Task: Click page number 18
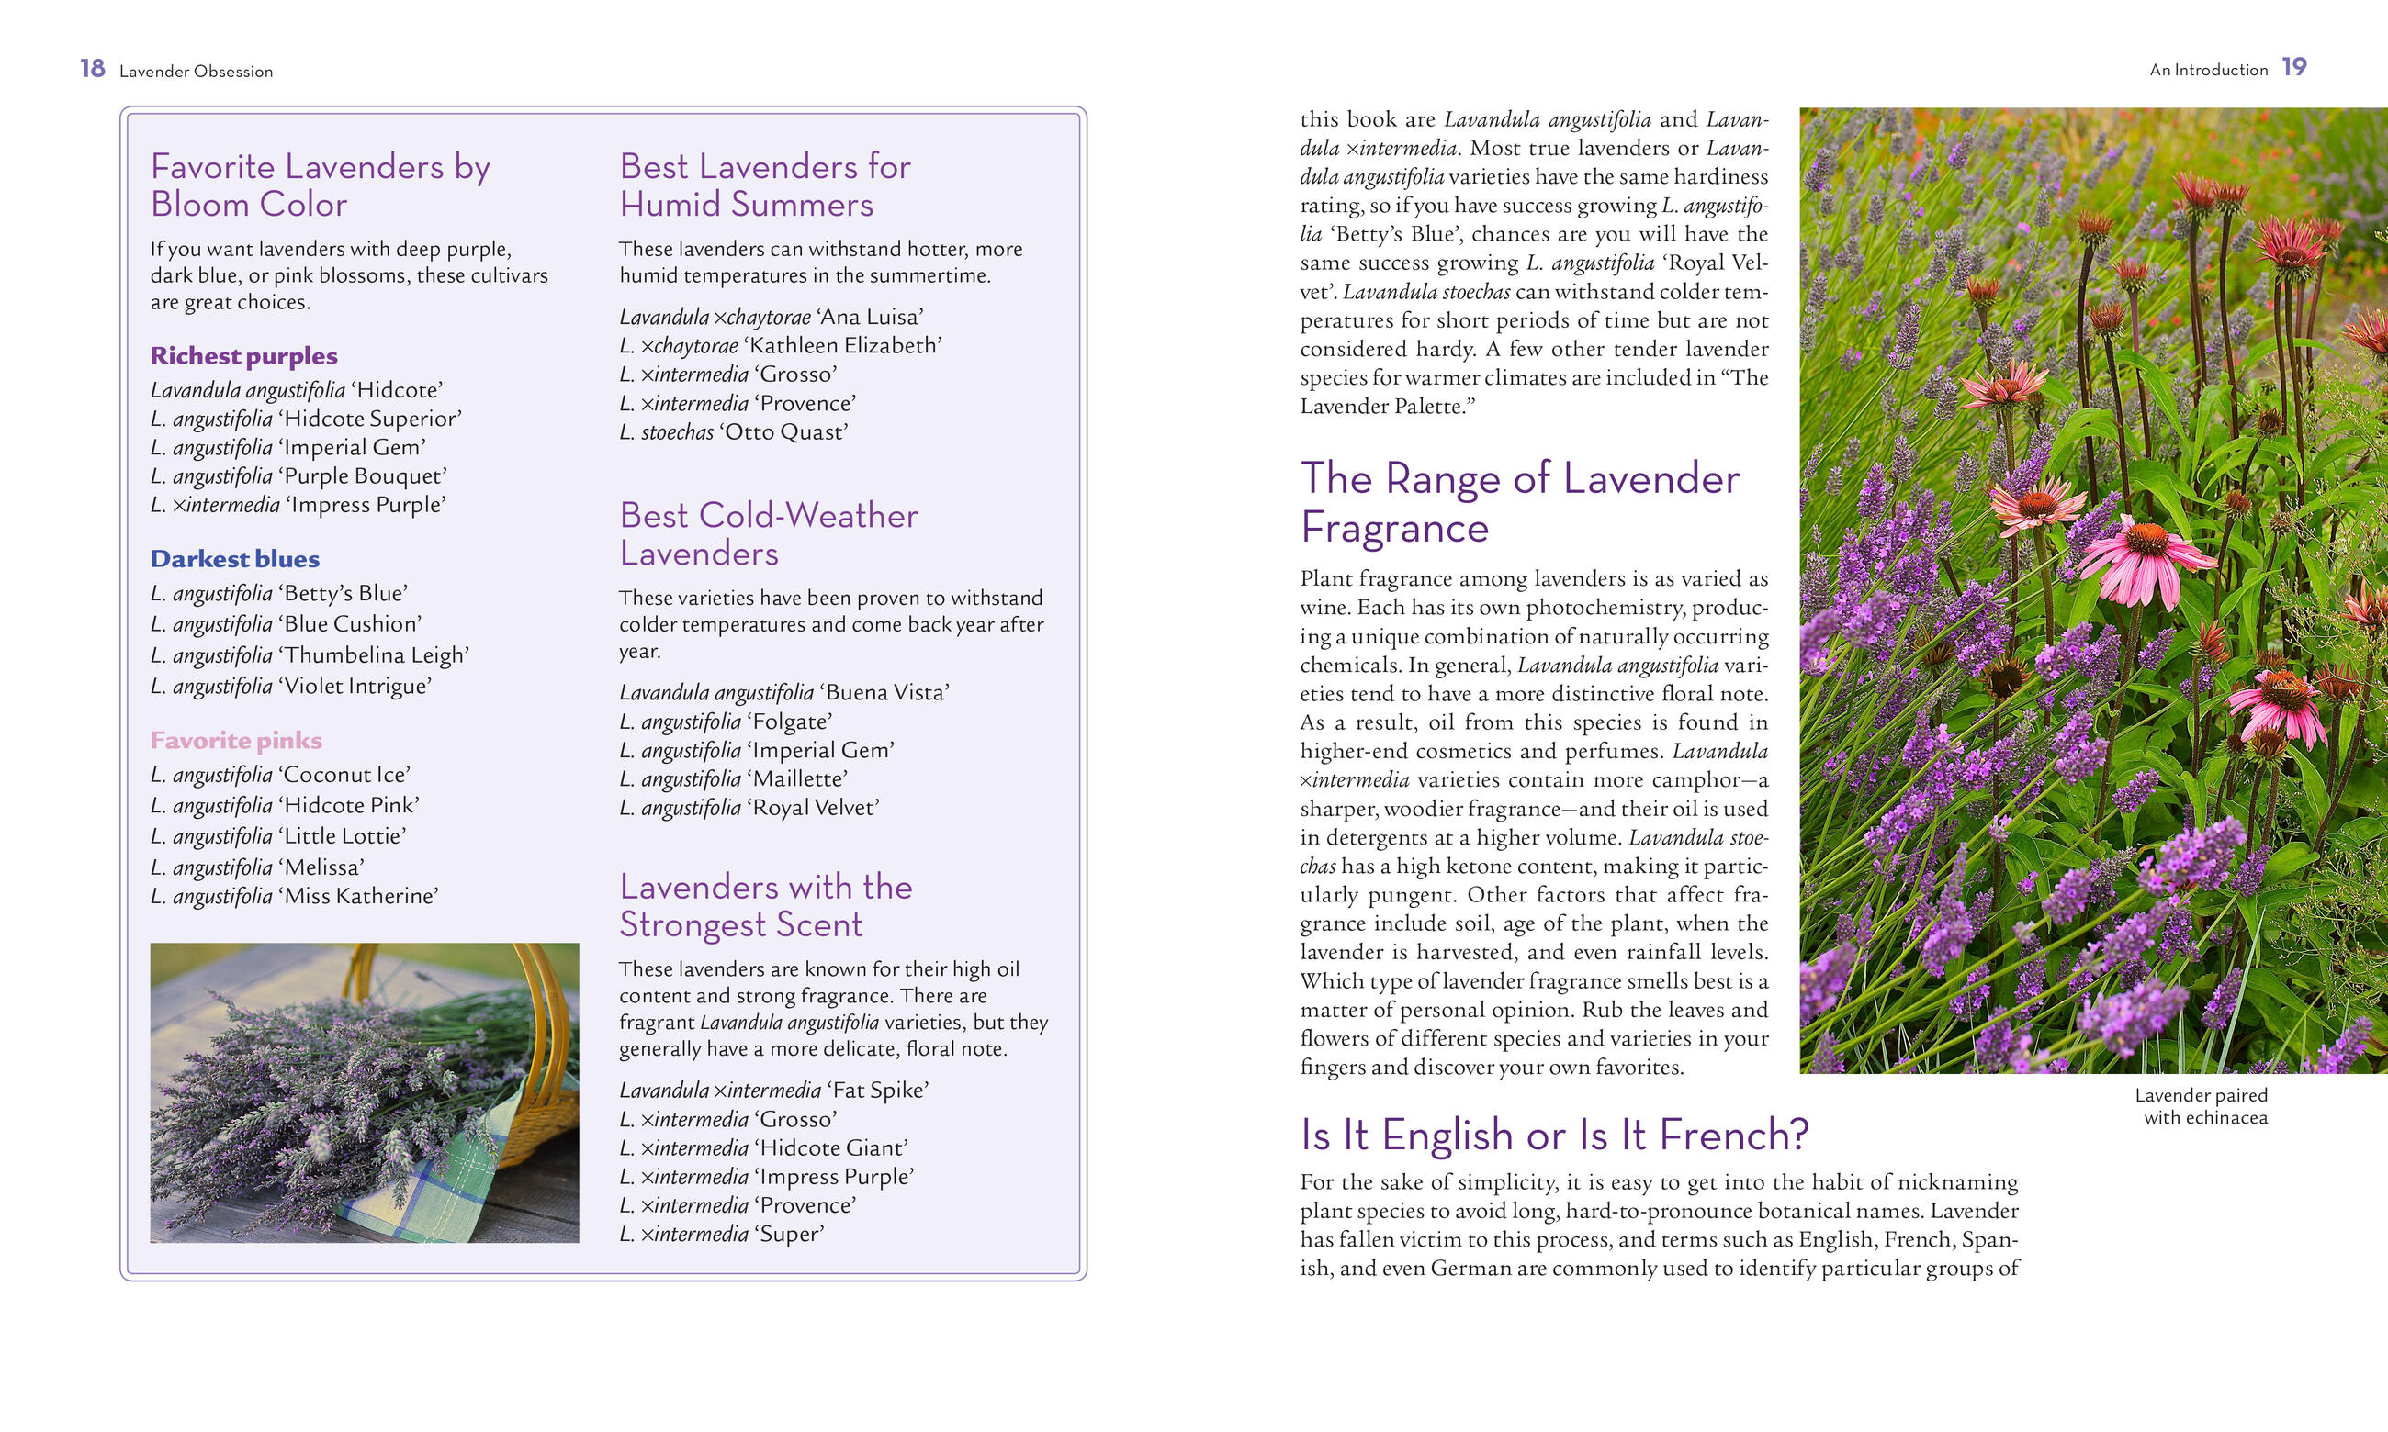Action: [93, 69]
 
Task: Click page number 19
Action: [2293, 68]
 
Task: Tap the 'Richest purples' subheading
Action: [243, 356]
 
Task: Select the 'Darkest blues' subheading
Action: [234, 559]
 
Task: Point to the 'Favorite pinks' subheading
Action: [235, 740]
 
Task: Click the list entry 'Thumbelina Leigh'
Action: [309, 655]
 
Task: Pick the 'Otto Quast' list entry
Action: [733, 432]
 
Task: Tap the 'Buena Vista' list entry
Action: [783, 693]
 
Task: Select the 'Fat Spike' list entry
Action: [773, 1091]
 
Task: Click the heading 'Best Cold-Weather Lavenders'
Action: [769, 534]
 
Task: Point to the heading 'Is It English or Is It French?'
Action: [1554, 1135]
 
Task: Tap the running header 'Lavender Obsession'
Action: [196, 72]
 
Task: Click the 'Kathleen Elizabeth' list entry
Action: [780, 345]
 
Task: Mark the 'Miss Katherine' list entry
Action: [295, 897]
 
